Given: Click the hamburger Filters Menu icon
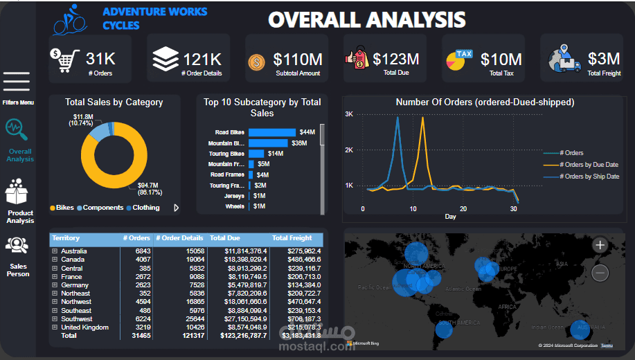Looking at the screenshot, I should [x=17, y=82].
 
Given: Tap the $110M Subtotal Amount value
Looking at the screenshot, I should [x=297, y=60].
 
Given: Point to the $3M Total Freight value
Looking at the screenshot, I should [x=604, y=59].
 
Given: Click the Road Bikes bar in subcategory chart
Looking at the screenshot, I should [x=271, y=132].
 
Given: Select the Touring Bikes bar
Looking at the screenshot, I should [x=256, y=154].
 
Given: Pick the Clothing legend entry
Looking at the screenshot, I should [x=145, y=208].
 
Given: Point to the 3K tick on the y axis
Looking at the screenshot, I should [x=350, y=114].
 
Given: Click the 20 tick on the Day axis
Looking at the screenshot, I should [x=463, y=208].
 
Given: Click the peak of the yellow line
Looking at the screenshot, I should [x=422, y=118].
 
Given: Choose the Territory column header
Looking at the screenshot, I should [x=66, y=238].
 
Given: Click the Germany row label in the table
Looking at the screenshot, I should [x=75, y=285].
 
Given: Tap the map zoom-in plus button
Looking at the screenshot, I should [x=600, y=245].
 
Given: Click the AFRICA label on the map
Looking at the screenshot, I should [x=508, y=306].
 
